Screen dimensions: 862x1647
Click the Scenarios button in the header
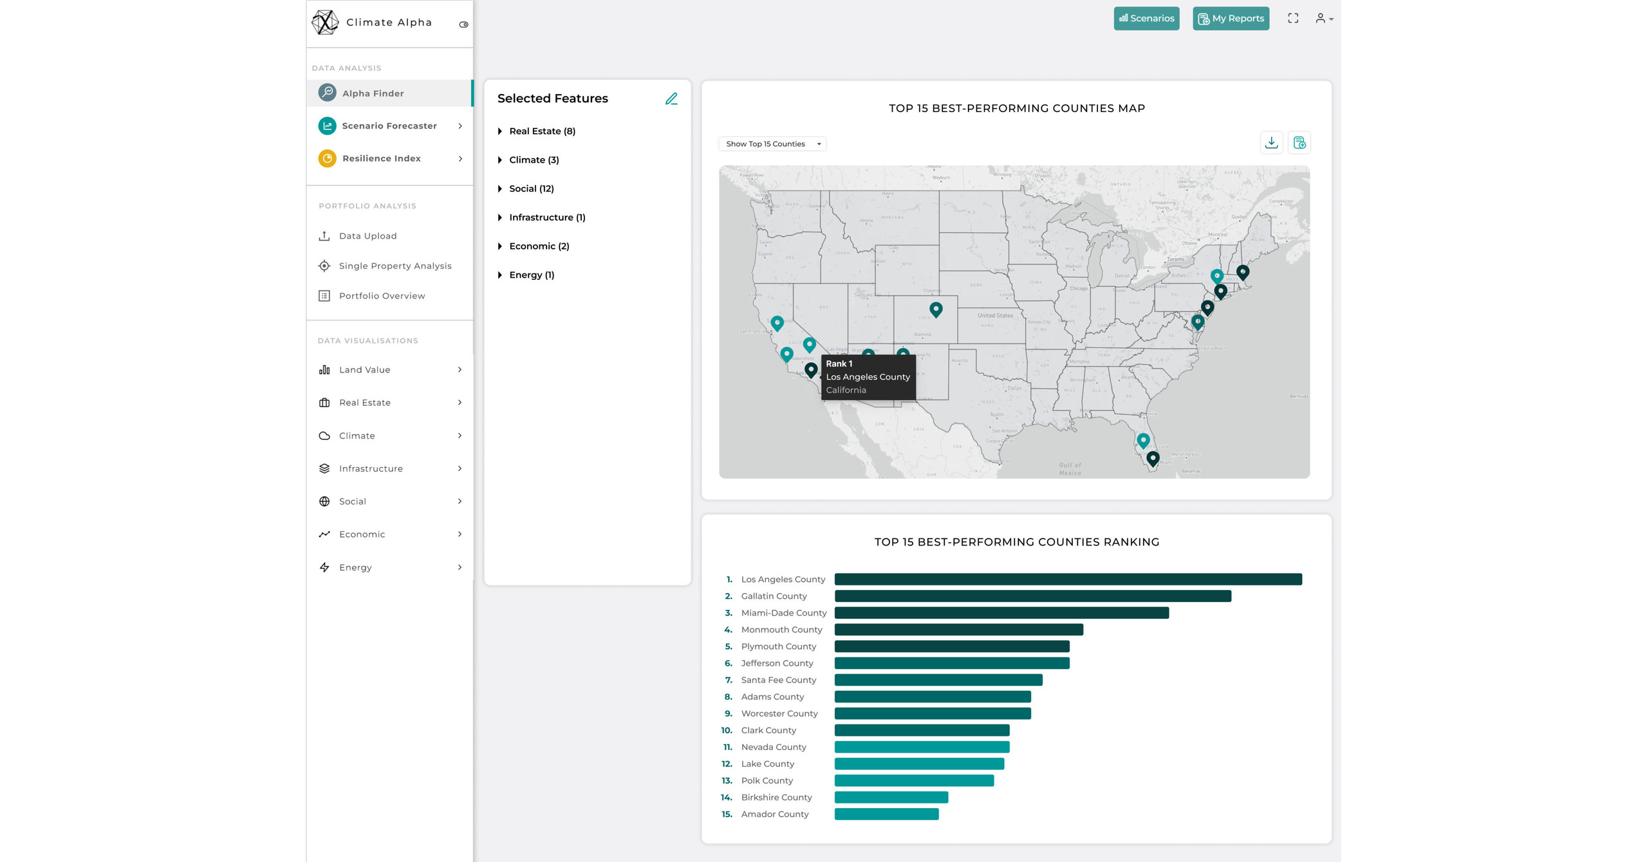tap(1146, 19)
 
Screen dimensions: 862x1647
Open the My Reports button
tap(1231, 19)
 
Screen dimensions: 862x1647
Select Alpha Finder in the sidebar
tap(373, 93)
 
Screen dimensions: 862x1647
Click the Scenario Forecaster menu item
tap(389, 126)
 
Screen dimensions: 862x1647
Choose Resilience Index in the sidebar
tap(381, 158)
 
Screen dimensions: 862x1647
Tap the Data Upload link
tap(368, 236)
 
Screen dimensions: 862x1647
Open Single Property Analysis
tap(395, 266)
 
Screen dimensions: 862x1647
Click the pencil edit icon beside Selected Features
tap(671, 98)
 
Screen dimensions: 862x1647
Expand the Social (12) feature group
tap(531, 188)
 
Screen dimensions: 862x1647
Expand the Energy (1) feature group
tap(531, 275)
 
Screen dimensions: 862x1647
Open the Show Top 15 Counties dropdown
tap(772, 144)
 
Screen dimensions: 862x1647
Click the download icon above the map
tap(1271, 143)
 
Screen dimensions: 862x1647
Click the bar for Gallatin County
tap(1032, 596)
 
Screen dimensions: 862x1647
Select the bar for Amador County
tap(886, 814)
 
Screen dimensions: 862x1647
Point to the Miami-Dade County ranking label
tap(783, 613)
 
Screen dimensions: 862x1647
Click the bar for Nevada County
tap(922, 747)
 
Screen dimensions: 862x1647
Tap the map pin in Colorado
tap(936, 309)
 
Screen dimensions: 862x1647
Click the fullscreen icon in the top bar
tap(1292, 19)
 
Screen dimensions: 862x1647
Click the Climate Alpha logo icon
tap(325, 23)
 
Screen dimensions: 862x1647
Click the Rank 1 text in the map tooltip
tap(839, 364)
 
